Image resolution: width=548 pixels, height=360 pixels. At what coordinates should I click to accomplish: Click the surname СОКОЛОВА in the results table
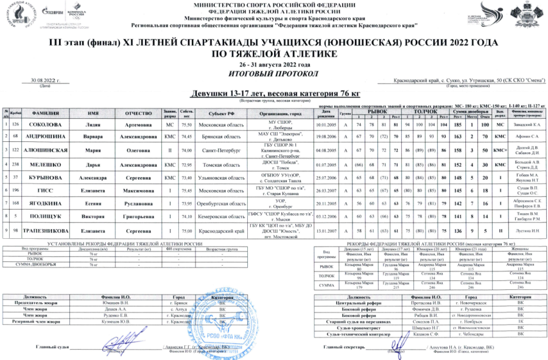[x=41, y=125]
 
